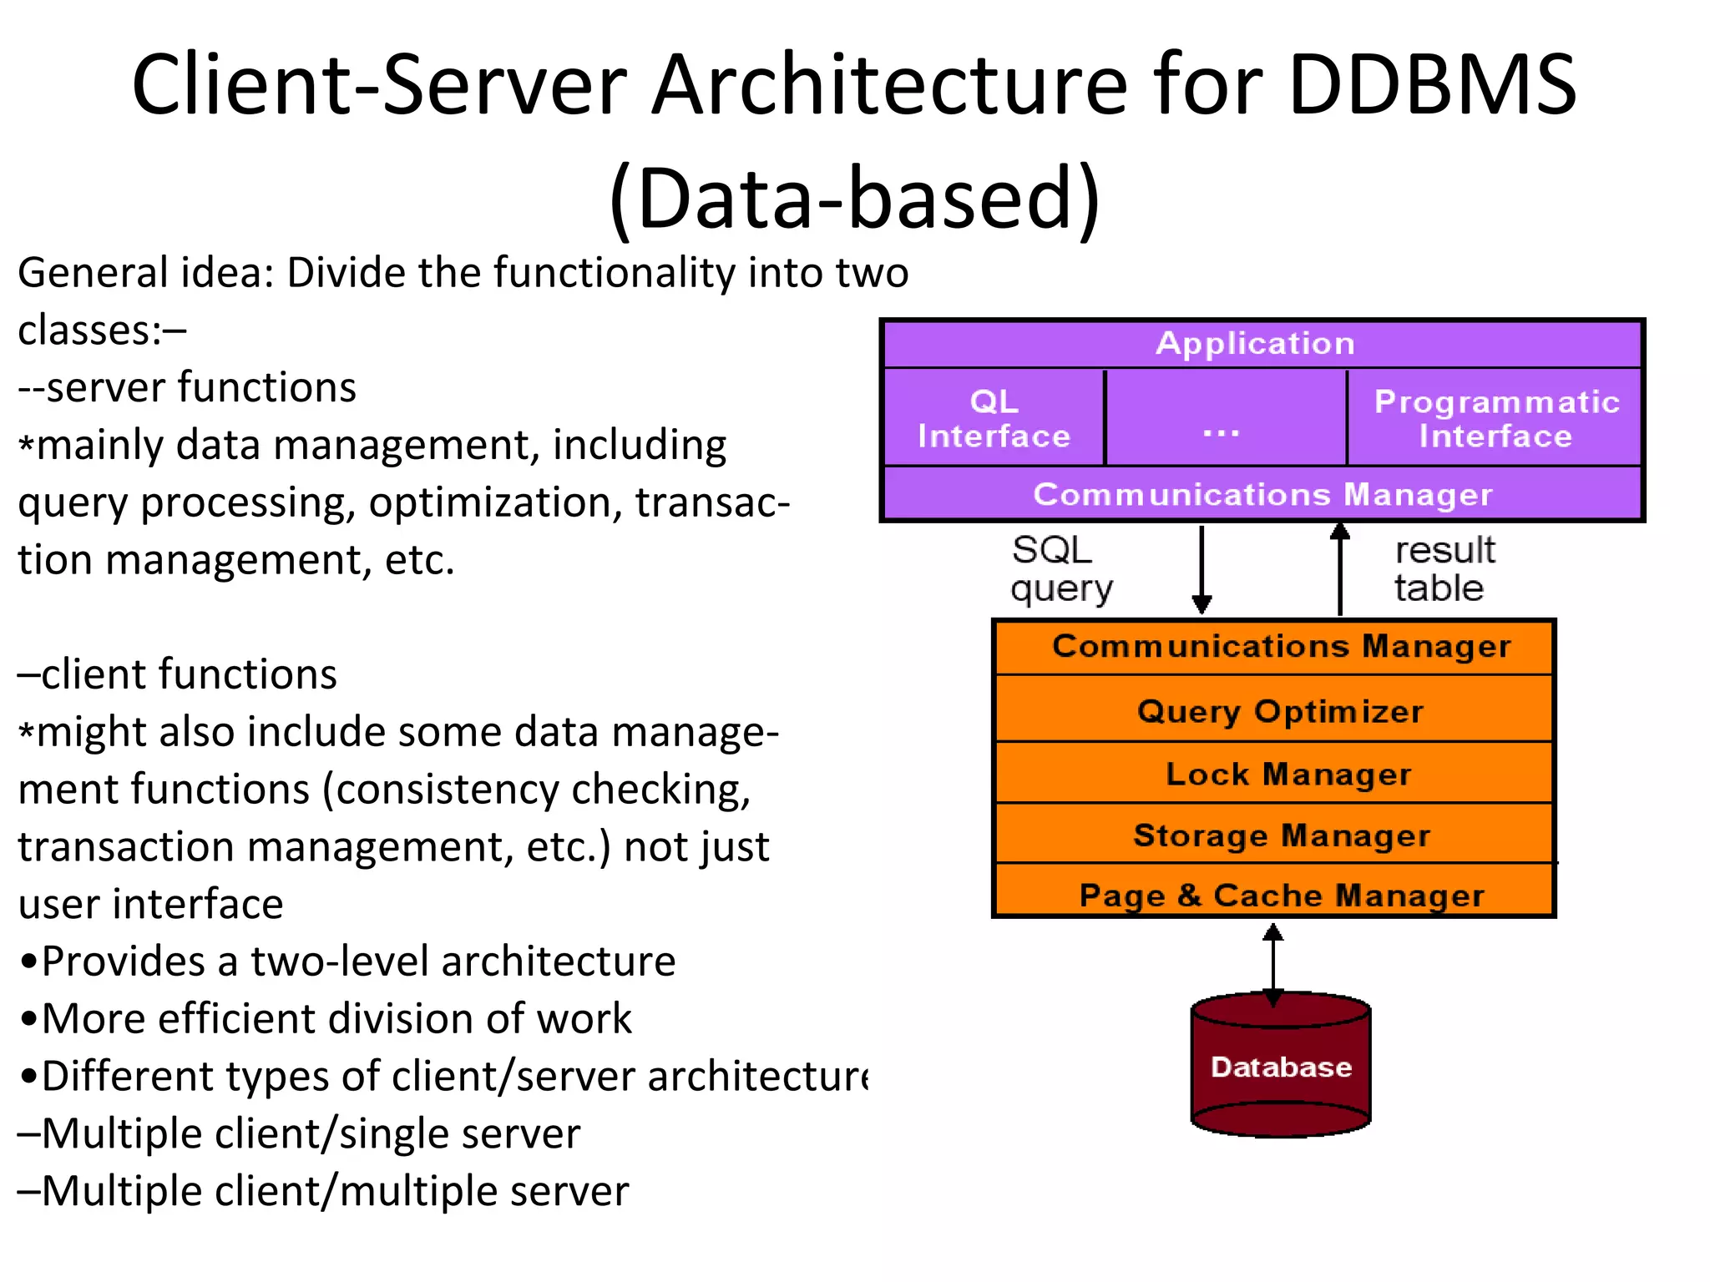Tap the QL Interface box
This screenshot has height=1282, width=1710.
click(994, 418)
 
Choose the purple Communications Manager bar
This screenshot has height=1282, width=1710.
click(1262, 494)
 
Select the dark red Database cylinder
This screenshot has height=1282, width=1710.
click(1281, 1067)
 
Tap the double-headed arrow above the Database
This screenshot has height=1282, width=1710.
click(1272, 965)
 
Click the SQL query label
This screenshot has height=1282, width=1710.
click(1059, 569)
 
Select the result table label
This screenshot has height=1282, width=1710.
click(1444, 569)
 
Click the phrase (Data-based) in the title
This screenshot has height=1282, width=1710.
click(854, 199)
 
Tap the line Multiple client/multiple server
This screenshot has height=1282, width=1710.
click(324, 1191)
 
